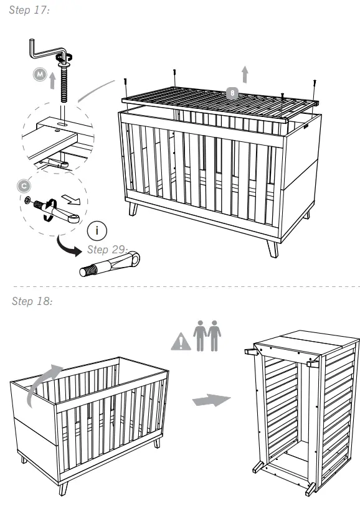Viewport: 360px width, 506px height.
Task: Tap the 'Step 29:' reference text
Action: tap(107, 250)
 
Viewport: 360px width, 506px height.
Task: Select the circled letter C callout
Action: tap(24, 185)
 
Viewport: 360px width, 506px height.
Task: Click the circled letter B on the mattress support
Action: tap(232, 93)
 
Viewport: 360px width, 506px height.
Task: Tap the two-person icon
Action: tap(207, 336)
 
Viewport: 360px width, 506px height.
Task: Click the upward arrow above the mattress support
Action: tap(245, 74)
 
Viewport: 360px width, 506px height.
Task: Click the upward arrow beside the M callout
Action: tap(53, 80)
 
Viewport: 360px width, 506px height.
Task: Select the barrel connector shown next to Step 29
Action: tap(110, 264)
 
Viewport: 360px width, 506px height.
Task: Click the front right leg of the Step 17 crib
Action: tap(272, 247)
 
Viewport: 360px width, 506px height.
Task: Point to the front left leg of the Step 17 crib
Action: tap(133, 208)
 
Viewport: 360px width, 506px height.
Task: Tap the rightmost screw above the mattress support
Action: tap(315, 82)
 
